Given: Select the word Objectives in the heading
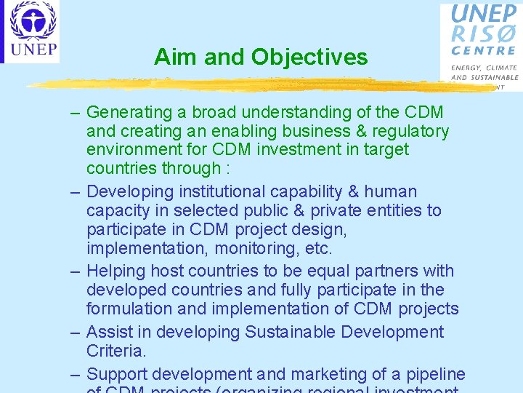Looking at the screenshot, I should [x=309, y=57].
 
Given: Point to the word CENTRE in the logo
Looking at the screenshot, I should [x=484, y=51].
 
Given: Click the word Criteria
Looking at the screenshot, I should [x=116, y=351].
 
